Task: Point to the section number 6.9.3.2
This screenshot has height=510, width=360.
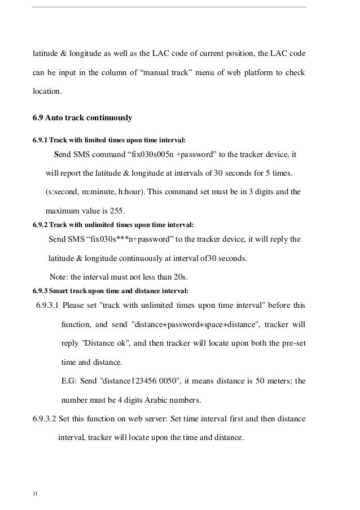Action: click(48, 419)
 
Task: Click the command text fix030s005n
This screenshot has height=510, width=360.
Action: click(152, 155)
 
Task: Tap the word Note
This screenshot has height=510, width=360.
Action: click(59, 277)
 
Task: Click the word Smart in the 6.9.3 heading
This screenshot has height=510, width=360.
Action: click(59, 291)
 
